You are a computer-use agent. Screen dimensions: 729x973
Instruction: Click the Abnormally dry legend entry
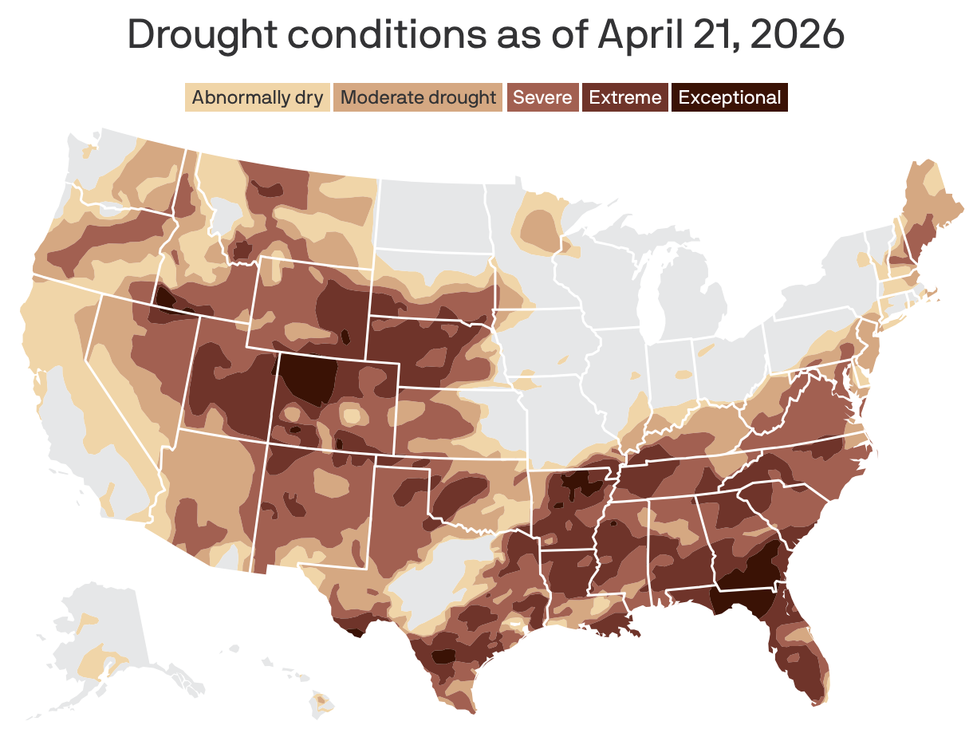pyautogui.click(x=257, y=98)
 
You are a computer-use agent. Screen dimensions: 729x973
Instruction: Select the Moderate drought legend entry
pyautogui.click(x=418, y=98)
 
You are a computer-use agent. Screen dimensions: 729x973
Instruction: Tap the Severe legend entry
pyautogui.click(x=542, y=98)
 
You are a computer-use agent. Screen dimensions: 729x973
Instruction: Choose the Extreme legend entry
pyautogui.click(x=625, y=98)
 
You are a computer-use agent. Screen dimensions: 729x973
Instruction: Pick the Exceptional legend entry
pyautogui.click(x=729, y=98)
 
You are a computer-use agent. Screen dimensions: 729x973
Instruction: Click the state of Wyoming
pyautogui.click(x=311, y=303)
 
